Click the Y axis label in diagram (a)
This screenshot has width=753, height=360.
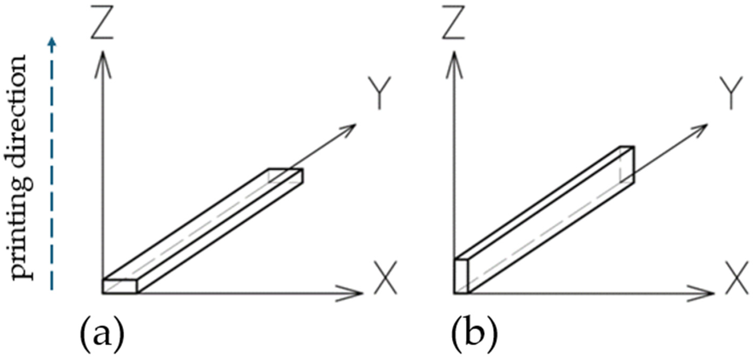[379, 93]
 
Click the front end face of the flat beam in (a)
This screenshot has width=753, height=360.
[119, 287]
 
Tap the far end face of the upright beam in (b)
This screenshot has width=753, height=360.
[627, 164]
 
